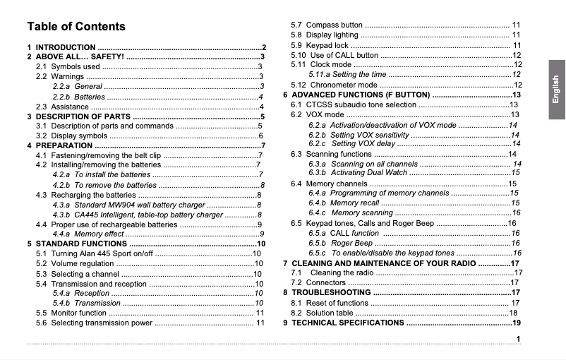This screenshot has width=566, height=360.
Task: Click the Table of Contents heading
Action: coord(76,27)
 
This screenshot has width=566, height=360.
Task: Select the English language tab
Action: coord(555,90)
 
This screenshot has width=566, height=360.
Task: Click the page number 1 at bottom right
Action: coord(518,340)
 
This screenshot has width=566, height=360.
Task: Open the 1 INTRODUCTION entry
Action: coord(66,47)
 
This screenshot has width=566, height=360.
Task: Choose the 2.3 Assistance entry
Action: coord(62,107)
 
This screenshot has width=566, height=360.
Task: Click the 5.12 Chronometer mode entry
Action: coord(335,85)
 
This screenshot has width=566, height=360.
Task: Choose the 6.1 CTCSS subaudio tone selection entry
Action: coord(354,104)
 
